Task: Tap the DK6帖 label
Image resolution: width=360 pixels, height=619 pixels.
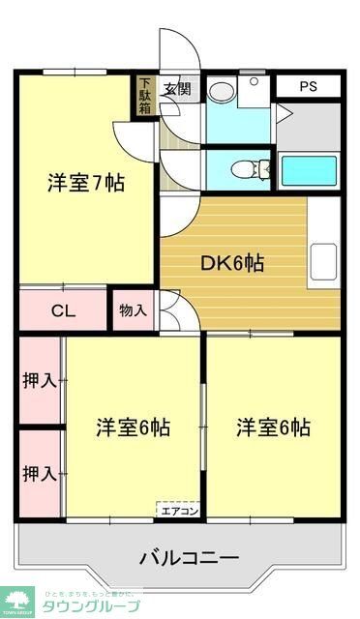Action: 233,261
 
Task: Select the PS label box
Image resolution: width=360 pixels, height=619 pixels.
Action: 307,86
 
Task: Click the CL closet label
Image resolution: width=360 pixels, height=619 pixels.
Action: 63,310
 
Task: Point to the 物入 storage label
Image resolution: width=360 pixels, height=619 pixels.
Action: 133,310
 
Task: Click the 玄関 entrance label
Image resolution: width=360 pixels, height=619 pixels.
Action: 177,90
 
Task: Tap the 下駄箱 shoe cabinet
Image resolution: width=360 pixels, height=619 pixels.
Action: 144,96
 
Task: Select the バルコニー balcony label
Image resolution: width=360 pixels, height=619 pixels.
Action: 189,558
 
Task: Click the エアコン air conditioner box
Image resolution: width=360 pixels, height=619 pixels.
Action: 179,510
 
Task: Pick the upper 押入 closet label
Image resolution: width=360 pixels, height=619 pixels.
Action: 40,380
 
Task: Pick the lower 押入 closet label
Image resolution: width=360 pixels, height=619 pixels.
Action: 40,474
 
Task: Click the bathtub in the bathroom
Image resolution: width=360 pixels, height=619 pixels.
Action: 308,170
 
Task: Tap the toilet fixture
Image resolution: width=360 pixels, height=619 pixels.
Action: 246,169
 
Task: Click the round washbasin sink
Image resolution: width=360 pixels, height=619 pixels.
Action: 220,92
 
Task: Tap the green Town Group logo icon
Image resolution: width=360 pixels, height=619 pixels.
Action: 16,601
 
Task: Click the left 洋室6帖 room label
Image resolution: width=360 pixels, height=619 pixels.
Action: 133,427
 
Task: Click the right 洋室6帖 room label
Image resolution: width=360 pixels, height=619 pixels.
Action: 274,427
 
